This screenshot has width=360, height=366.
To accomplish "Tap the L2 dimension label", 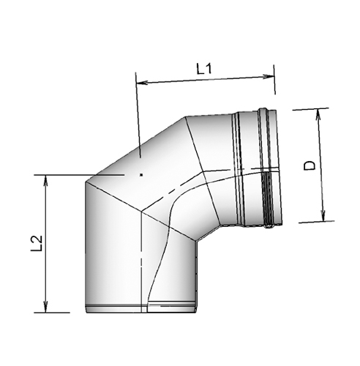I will pyautogui.click(x=37, y=244).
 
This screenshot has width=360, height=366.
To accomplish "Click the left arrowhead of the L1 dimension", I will pyautogui.click(x=140, y=81).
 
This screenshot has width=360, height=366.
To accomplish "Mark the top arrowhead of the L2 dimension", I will pyautogui.click(x=47, y=178).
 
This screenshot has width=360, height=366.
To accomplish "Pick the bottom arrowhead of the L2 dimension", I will pyautogui.click(x=47, y=309).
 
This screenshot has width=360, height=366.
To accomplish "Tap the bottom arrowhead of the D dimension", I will pyautogui.click(x=321, y=217).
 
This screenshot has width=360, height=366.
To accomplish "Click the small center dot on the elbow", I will pyautogui.click(x=140, y=175).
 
